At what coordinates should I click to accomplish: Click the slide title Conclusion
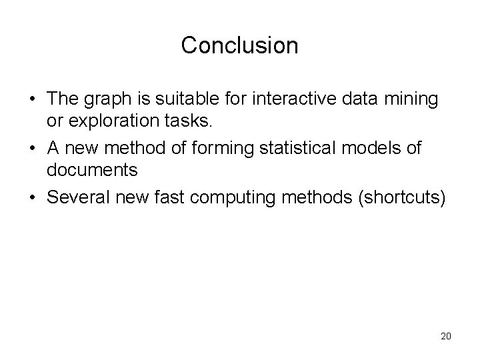239,45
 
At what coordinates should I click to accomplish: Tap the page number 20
445,337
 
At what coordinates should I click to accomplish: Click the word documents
92,170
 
